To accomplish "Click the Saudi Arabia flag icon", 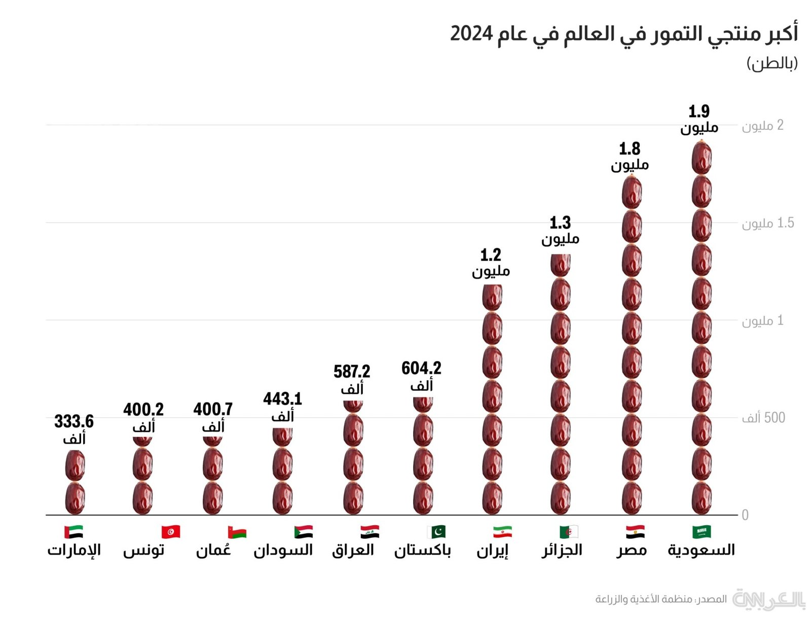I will [702, 532].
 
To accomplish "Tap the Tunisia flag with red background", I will [171, 532].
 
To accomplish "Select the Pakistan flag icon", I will [436, 532].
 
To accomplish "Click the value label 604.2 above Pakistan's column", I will [421, 369].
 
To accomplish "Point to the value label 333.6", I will [74, 422].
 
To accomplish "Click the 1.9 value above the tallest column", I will [699, 112].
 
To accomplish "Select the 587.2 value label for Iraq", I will [352, 372].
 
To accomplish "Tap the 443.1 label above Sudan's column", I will [282, 399].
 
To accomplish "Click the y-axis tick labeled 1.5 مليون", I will [767, 223].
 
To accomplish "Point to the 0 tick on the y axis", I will [745, 515].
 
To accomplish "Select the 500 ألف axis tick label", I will [763, 418].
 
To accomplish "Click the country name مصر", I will [632, 550].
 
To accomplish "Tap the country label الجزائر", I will [562, 550].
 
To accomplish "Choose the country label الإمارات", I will [74, 550].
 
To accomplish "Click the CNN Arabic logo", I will [768, 600].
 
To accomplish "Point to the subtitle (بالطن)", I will [772, 63].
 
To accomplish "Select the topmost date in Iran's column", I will [492, 297].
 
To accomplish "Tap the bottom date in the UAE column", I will [75, 498].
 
